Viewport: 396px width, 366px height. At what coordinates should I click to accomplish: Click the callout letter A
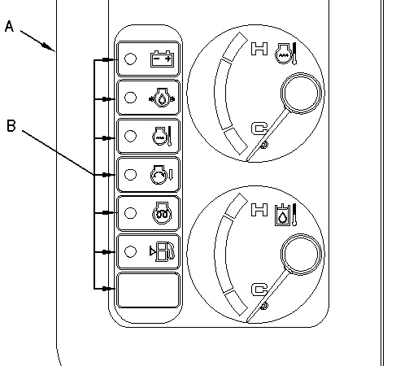point(9,27)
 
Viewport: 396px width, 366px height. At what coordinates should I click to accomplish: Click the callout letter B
point(11,126)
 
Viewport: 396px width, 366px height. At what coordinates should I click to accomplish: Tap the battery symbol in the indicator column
point(162,59)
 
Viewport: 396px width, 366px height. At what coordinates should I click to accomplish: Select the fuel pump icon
point(163,251)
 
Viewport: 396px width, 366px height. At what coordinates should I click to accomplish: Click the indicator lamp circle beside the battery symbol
point(130,59)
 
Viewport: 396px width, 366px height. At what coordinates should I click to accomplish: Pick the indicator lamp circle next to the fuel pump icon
point(130,251)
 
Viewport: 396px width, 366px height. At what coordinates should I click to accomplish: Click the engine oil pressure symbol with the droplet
point(162,98)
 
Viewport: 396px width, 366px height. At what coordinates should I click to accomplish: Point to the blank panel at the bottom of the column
point(148,290)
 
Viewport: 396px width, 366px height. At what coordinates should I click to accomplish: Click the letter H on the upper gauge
point(259,49)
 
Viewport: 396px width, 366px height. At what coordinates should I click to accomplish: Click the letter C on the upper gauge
point(259,129)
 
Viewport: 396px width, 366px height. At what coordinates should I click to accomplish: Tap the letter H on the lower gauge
point(259,210)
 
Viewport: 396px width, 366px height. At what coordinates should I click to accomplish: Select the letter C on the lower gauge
point(259,290)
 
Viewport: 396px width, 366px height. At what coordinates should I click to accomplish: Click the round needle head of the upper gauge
point(301,93)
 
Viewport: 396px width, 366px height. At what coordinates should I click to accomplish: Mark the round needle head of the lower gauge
point(301,254)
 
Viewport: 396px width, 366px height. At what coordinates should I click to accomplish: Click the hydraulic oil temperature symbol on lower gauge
point(285,215)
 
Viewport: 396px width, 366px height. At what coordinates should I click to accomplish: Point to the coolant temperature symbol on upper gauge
point(285,54)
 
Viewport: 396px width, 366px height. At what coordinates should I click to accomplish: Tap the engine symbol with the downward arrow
point(162,175)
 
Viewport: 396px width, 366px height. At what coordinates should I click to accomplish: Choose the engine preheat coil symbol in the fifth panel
point(162,213)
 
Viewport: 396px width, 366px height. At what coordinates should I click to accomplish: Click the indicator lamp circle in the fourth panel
point(130,175)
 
